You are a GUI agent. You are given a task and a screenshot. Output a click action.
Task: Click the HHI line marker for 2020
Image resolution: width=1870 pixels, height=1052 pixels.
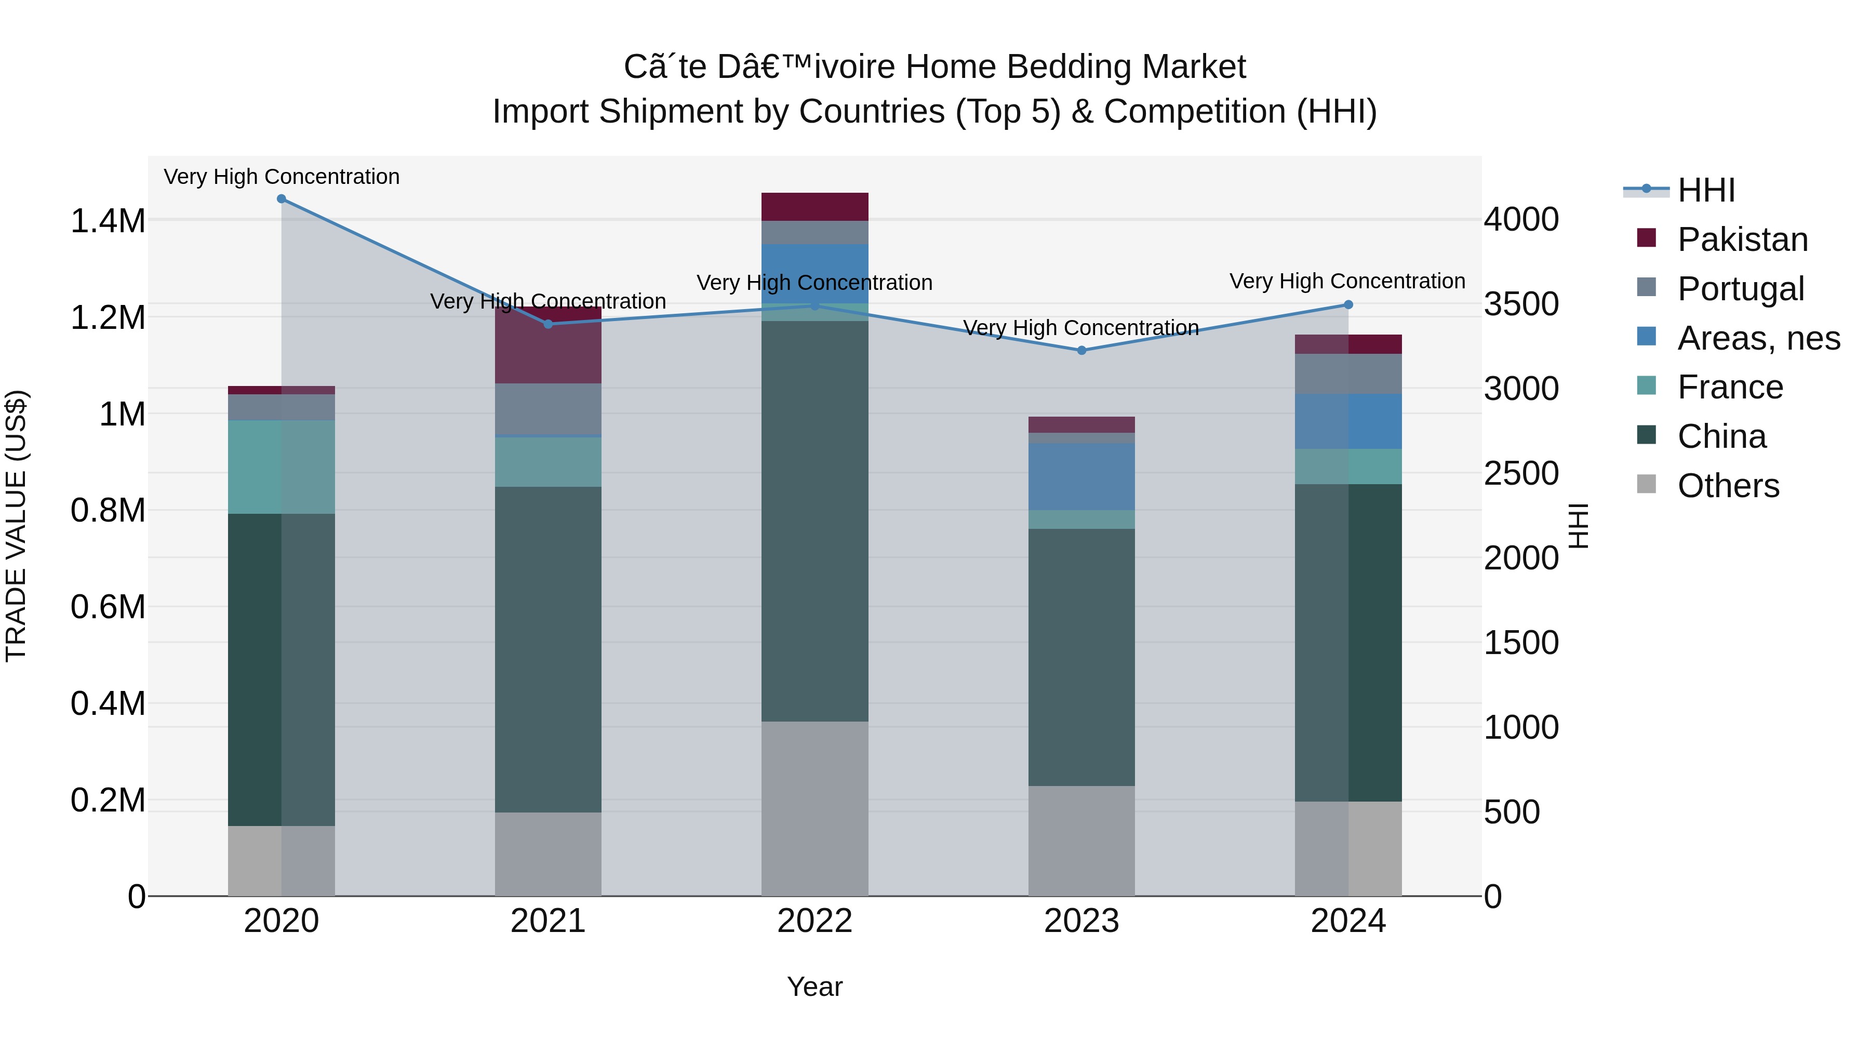(x=282, y=199)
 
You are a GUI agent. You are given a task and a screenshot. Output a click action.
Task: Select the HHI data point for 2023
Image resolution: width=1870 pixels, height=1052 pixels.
(x=1081, y=350)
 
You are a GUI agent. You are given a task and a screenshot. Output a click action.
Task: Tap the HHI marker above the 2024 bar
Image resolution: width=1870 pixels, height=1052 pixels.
(x=1348, y=305)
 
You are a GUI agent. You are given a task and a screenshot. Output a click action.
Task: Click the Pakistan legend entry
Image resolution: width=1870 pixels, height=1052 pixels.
(x=1742, y=239)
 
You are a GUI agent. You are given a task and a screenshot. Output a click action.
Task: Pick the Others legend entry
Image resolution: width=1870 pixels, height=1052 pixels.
(x=1728, y=486)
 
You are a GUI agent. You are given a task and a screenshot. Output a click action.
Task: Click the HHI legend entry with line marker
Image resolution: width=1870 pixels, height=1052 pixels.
(x=1706, y=190)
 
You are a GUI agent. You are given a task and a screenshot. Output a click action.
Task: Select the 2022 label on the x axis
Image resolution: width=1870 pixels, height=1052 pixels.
(x=814, y=921)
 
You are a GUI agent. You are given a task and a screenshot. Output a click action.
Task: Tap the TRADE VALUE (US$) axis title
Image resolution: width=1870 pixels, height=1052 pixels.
(x=16, y=526)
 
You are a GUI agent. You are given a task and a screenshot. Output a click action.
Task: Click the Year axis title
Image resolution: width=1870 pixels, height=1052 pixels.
(x=814, y=987)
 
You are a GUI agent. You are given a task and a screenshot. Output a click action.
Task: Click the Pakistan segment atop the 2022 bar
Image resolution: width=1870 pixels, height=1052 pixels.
(x=814, y=207)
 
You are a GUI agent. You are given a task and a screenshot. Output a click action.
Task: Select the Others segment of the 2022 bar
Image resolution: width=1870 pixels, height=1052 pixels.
(x=814, y=807)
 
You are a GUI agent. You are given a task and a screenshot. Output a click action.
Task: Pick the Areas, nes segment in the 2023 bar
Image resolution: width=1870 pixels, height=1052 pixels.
(x=1081, y=476)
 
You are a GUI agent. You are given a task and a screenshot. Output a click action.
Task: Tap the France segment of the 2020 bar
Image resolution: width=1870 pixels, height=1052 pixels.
(x=282, y=467)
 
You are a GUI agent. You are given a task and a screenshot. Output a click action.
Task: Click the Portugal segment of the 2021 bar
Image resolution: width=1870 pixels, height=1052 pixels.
(x=548, y=409)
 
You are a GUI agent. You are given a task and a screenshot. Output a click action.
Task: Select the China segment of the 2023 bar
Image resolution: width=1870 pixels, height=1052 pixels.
(x=1081, y=657)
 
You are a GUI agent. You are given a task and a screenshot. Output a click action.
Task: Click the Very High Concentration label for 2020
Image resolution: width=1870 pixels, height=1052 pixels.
(x=282, y=177)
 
